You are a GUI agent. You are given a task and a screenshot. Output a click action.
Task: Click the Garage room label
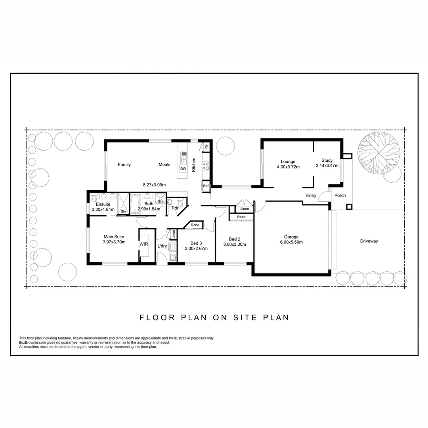point(291,237)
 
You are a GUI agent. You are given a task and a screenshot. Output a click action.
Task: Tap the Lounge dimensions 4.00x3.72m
point(288,167)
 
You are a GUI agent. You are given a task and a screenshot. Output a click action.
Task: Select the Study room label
point(327,160)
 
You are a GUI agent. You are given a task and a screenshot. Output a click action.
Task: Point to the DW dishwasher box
point(183,169)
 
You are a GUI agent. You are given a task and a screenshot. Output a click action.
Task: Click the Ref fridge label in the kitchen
point(206,186)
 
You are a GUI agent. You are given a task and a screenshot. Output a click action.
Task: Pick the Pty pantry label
point(206,147)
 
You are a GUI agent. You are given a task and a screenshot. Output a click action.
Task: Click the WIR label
point(143,245)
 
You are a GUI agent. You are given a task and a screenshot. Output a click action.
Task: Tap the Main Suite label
point(114,237)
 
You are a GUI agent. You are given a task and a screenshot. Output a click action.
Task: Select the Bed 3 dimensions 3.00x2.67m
point(196,248)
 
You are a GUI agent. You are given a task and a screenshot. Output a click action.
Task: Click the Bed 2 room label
point(235,239)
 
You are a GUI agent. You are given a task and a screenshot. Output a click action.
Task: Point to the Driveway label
point(369,241)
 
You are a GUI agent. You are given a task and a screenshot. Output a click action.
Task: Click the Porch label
point(340,195)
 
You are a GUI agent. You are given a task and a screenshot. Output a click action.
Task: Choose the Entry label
point(311,195)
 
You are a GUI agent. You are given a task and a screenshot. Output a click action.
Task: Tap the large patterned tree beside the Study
point(378,152)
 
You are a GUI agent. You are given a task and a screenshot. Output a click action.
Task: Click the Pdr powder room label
point(175,208)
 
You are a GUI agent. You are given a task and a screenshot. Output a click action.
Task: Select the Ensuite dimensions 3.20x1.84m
point(103,209)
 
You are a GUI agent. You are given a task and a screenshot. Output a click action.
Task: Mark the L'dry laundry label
point(162,246)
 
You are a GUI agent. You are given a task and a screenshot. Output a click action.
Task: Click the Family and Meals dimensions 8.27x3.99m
point(154,185)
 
